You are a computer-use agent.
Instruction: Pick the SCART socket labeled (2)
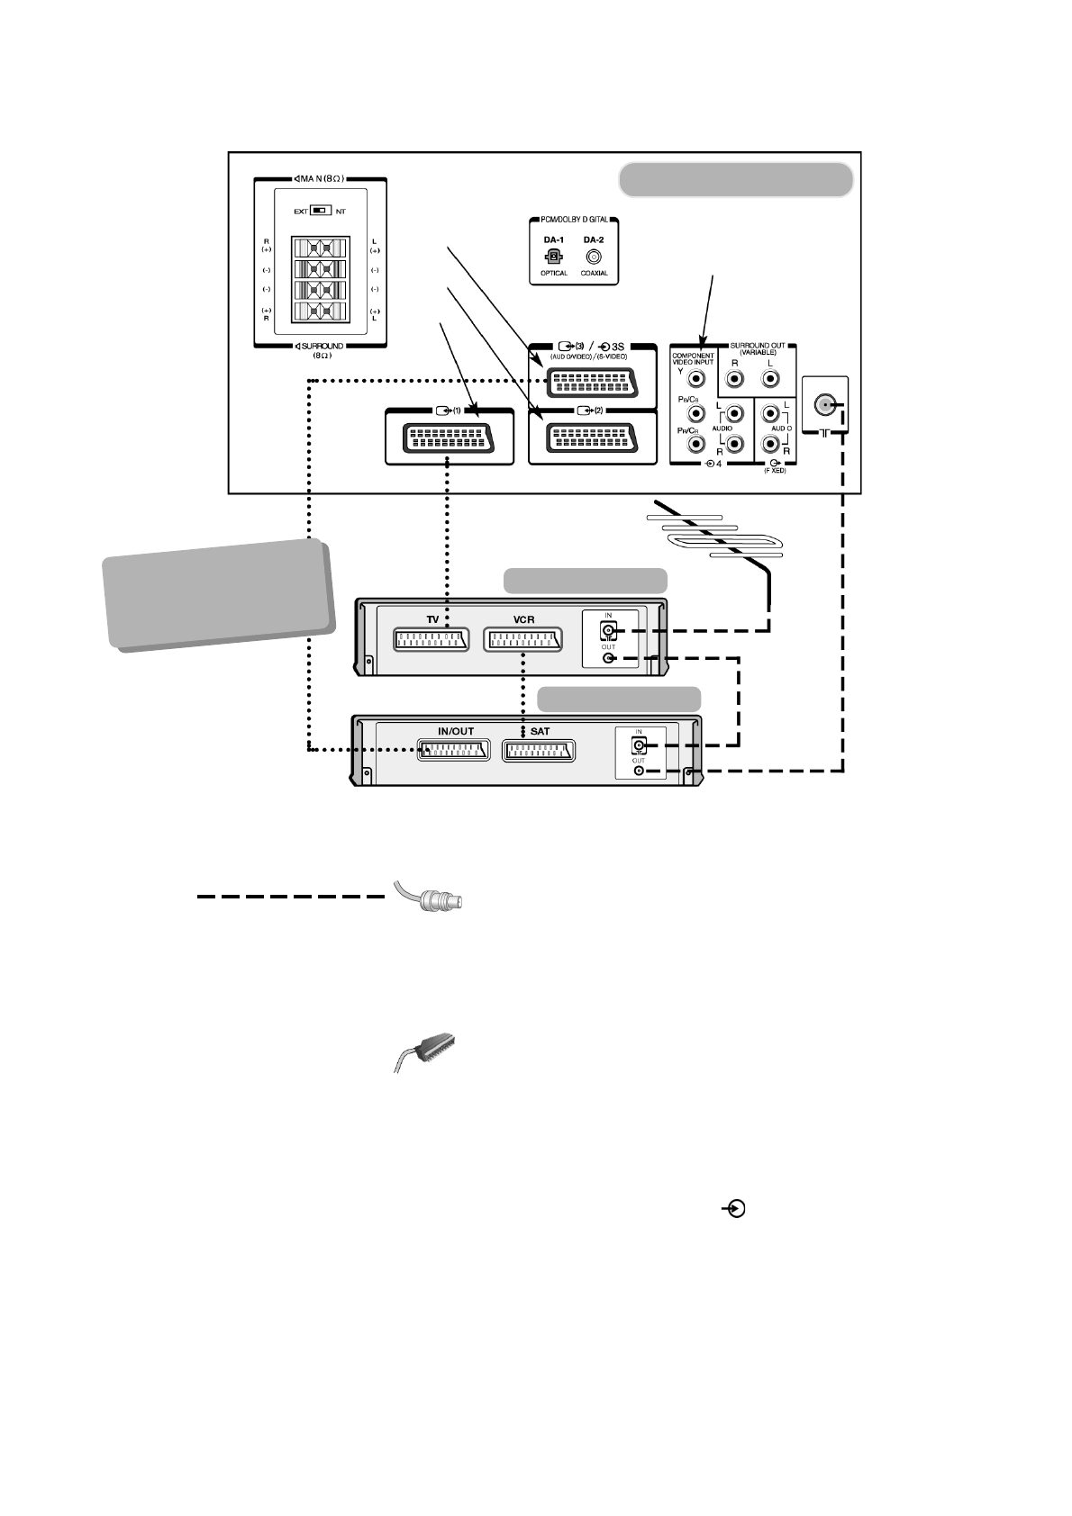(x=592, y=438)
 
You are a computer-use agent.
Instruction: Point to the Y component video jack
(x=695, y=381)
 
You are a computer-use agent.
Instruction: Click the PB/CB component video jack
(x=695, y=414)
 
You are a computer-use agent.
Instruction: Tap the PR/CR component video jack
(x=695, y=445)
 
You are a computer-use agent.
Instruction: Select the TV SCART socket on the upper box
(x=432, y=639)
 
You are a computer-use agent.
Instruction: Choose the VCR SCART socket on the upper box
(x=523, y=639)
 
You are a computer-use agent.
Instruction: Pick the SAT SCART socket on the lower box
(x=539, y=750)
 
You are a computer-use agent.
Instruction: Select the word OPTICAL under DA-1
(x=554, y=274)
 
